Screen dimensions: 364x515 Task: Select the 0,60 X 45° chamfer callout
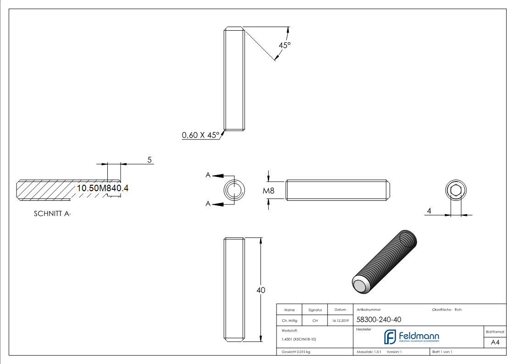coord(200,135)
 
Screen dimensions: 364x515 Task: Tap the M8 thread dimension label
coord(269,190)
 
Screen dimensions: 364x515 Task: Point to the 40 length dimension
coord(261,290)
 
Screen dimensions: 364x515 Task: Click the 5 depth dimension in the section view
coord(150,160)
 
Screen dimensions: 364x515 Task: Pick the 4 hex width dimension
coord(429,211)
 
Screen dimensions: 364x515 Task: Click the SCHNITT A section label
coord(52,214)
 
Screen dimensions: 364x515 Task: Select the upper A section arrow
coord(216,176)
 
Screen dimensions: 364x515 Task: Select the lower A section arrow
coord(216,204)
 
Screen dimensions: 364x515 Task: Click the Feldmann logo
coord(411,336)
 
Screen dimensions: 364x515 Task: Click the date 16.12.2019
coord(340,321)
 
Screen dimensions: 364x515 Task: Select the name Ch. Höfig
coord(289,321)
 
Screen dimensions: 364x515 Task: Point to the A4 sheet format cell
coord(495,342)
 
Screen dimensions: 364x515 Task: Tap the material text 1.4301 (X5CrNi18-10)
coord(299,339)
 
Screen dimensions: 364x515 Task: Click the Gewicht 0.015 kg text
coord(296,352)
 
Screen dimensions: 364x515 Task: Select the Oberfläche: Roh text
coord(447,309)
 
